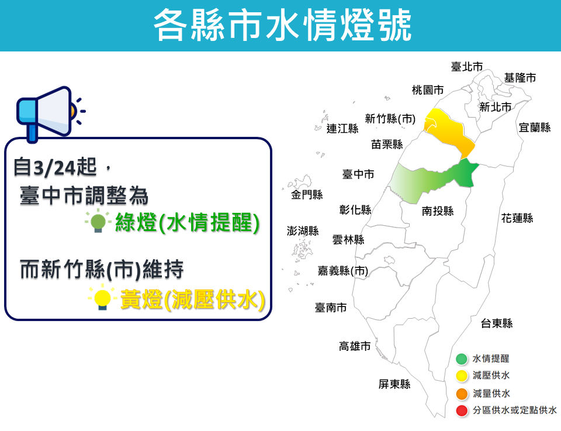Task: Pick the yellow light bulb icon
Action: click(x=103, y=299)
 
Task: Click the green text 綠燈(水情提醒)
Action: click(x=186, y=223)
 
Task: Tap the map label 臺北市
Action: click(x=467, y=67)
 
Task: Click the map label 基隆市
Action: click(x=520, y=78)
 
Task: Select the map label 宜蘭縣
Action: click(x=535, y=127)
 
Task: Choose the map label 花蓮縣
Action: click(x=517, y=218)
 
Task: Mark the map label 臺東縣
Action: click(x=497, y=323)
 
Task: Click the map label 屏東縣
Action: click(x=394, y=384)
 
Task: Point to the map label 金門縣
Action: click(x=307, y=195)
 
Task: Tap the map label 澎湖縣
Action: click(x=303, y=230)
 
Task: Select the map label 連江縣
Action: click(x=342, y=129)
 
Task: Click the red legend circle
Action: click(x=462, y=411)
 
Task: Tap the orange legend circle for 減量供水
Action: click(x=462, y=394)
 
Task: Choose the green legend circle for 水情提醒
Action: click(x=462, y=359)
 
